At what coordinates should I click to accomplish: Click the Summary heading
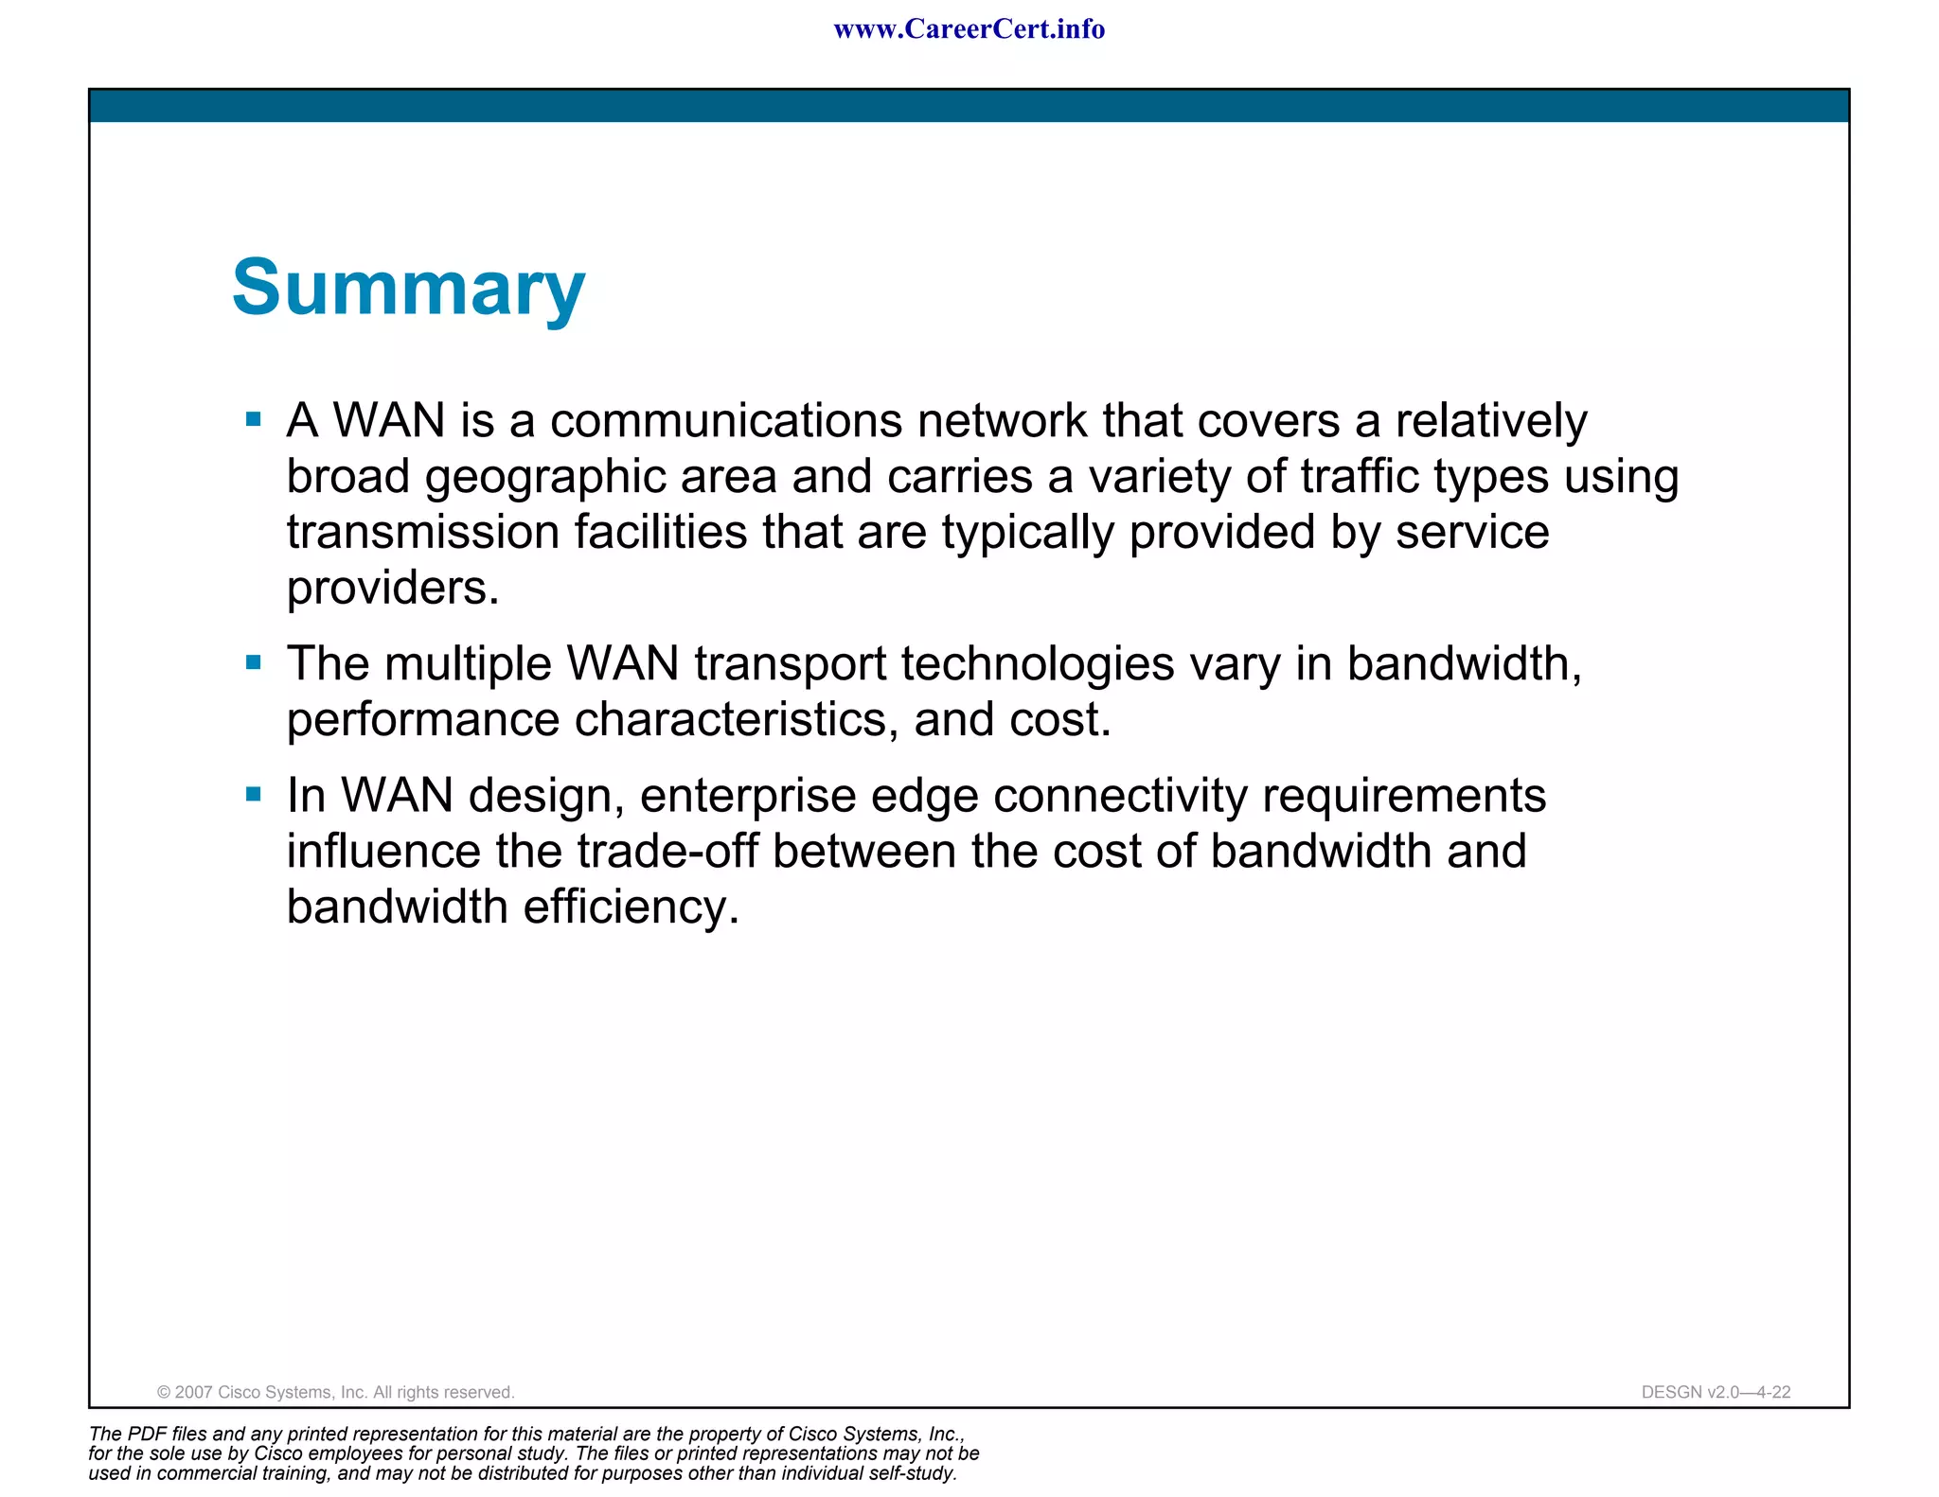point(408,288)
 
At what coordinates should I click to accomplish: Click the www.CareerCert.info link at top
point(969,29)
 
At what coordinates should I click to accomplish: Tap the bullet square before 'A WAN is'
point(253,419)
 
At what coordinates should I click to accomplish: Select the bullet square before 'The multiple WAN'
point(253,662)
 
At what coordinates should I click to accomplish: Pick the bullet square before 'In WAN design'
point(253,794)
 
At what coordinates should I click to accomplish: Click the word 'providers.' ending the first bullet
point(392,588)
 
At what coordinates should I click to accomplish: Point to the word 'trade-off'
point(667,851)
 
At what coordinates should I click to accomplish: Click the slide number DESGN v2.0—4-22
point(1716,1392)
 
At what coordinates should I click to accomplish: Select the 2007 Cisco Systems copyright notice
point(335,1392)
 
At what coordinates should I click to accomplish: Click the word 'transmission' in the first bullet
point(423,532)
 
